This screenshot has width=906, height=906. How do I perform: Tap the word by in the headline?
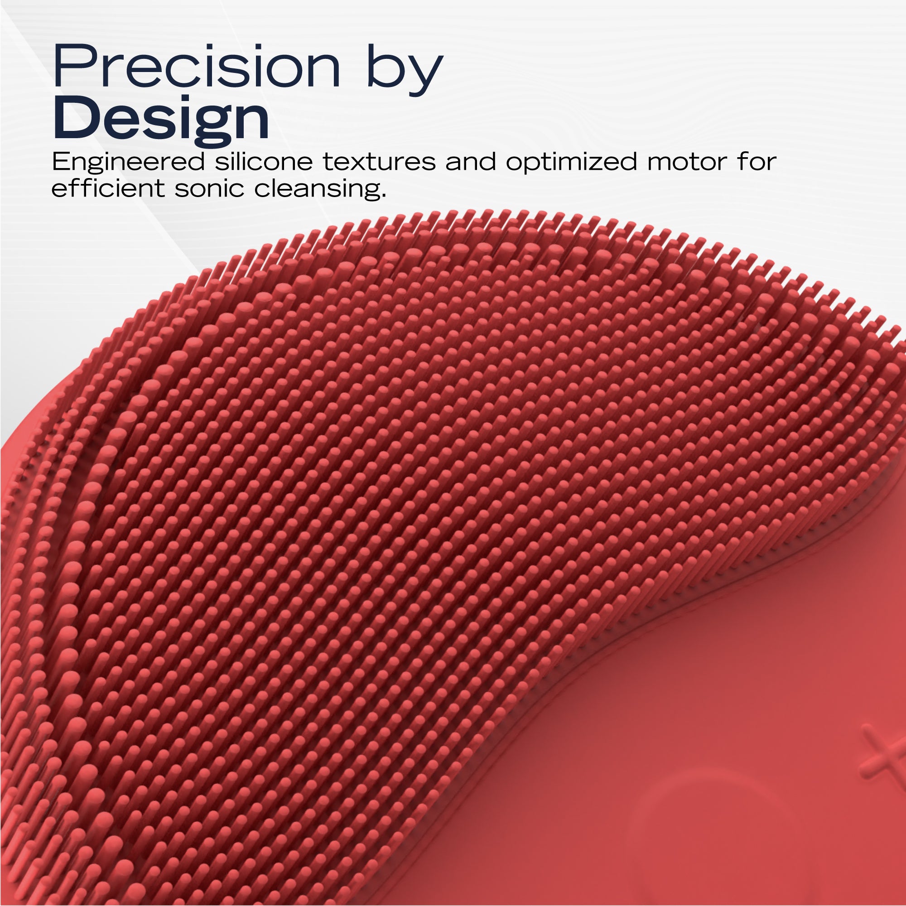(405, 70)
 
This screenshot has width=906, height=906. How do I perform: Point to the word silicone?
(264, 161)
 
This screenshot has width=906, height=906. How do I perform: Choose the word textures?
(379, 162)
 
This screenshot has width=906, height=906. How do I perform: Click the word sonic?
(210, 188)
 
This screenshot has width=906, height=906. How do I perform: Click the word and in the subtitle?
(471, 161)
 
